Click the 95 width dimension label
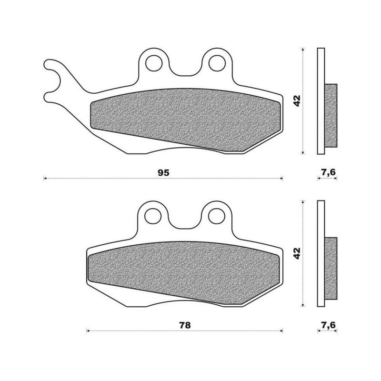point(163,172)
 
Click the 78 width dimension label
point(185,325)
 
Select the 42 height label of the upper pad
point(297,100)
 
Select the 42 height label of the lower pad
point(297,253)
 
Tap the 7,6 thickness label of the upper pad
point(328,172)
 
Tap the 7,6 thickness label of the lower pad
point(328,325)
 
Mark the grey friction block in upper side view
point(331,115)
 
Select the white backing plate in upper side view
point(321,101)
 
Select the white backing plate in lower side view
point(321,253)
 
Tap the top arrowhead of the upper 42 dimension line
point(303,50)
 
